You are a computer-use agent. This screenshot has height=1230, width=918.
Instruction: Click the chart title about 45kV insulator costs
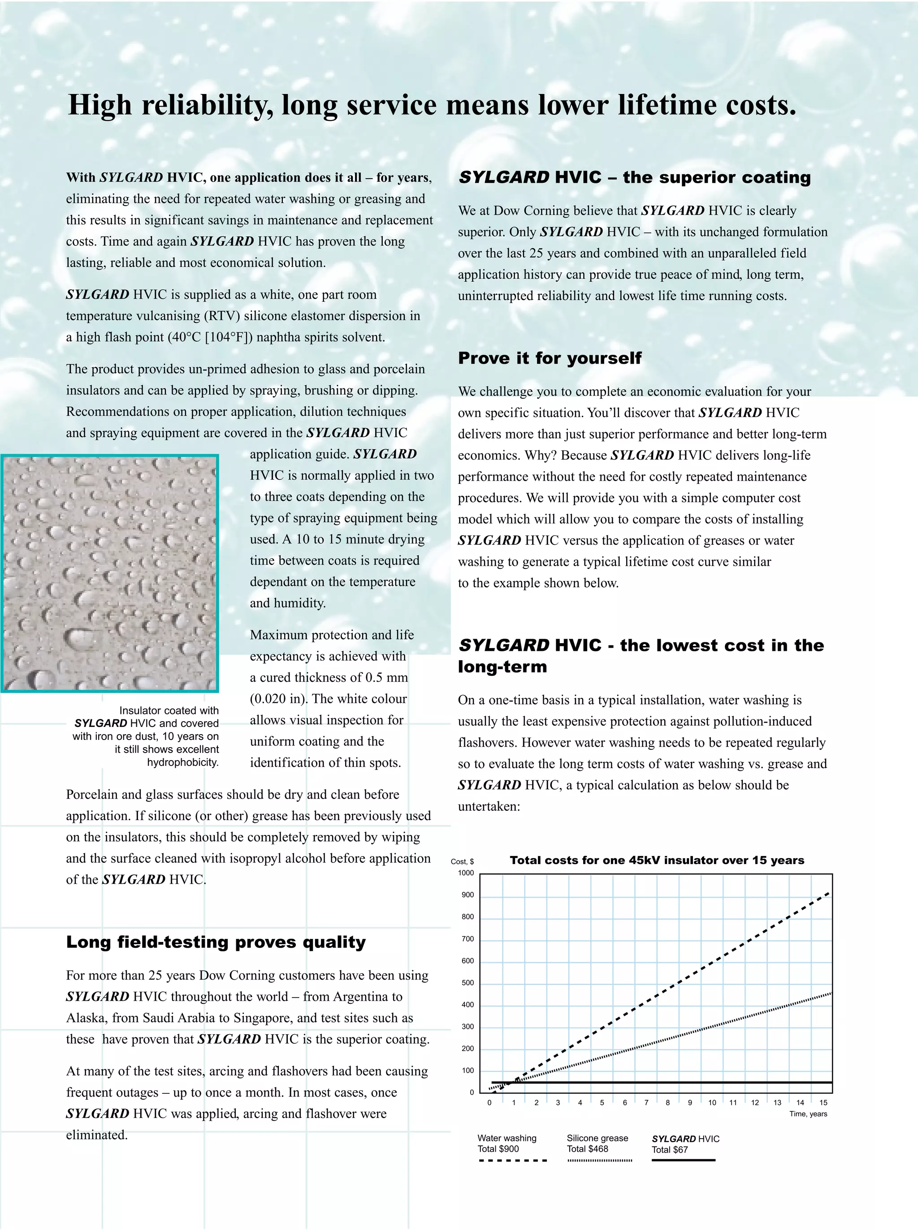[656, 860]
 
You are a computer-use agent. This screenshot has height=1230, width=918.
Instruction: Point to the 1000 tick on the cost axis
[466, 873]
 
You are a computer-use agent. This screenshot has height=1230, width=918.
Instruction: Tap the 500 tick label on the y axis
[468, 983]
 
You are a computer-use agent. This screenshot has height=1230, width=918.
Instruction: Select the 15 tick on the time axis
[823, 1103]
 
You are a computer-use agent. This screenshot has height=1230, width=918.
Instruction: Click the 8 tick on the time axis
[667, 1103]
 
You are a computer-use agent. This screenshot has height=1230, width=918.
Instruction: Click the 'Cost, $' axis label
[462, 862]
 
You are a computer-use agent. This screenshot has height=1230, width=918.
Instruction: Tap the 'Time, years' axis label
[808, 1114]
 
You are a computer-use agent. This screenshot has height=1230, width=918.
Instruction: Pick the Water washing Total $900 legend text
[507, 1144]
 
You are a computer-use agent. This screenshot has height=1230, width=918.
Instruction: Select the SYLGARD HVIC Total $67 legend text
[685, 1144]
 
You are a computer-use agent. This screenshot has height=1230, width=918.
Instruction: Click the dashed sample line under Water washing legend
[512, 1161]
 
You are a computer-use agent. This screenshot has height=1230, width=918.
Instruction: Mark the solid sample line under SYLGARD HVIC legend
[683, 1161]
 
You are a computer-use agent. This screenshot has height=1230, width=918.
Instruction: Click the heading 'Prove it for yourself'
[550, 358]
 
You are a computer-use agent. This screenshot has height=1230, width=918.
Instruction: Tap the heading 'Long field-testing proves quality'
[216, 942]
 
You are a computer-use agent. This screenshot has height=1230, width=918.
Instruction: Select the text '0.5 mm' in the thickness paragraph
[387, 677]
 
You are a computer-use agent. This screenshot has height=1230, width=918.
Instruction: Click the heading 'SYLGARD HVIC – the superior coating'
[634, 178]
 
